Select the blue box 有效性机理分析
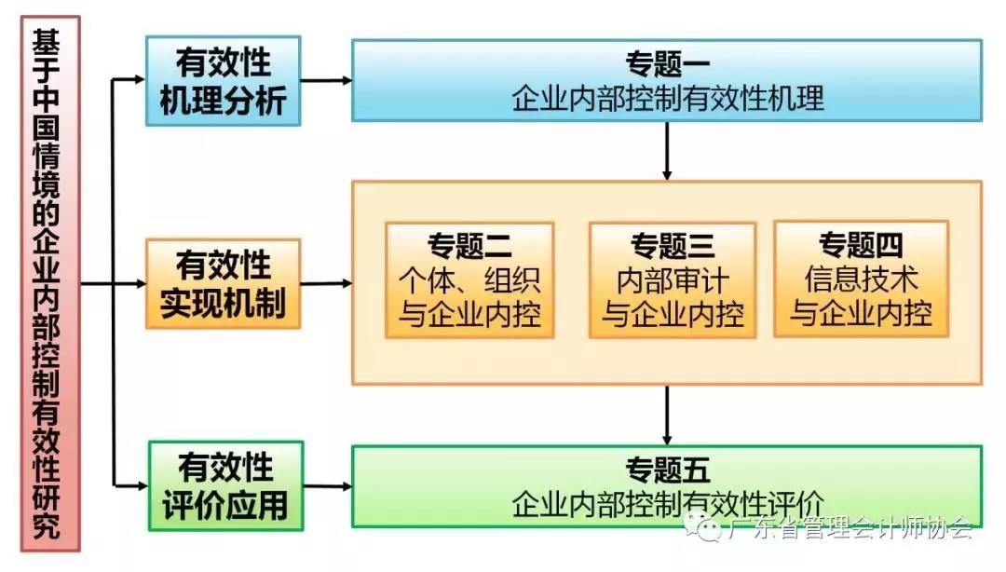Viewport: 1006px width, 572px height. tap(223, 81)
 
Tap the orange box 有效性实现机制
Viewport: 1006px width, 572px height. tap(223, 283)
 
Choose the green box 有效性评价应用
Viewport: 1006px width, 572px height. tap(223, 485)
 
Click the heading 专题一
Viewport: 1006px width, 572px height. tap(668, 66)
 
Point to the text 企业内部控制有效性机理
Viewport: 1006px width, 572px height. tap(668, 98)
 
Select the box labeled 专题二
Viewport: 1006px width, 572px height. tap(469, 279)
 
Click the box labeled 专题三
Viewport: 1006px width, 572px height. tap(672, 279)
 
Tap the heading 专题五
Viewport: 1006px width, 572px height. tap(668, 469)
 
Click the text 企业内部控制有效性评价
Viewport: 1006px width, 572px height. tap(668, 502)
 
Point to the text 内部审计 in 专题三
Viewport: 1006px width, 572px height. tap(673, 279)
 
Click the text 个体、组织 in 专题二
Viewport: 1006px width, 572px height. tap(469, 279)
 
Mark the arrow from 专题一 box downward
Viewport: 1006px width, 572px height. tap(667, 150)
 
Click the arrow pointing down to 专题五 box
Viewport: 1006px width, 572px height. tap(667, 415)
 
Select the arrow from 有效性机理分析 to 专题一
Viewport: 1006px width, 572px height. tap(326, 81)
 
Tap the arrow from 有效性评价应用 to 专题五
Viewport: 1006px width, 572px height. tap(326, 486)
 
